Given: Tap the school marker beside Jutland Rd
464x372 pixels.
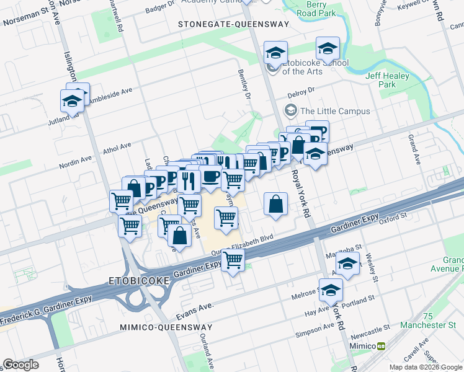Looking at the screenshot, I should point(73,100).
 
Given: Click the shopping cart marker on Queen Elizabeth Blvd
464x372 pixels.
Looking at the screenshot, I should point(233,260).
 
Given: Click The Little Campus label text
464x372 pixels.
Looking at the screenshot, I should point(335,112).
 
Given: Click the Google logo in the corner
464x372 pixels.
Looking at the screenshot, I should point(20,365).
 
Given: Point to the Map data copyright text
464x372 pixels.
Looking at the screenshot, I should point(425,367).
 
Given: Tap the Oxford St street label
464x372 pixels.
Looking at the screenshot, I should point(392,218).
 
